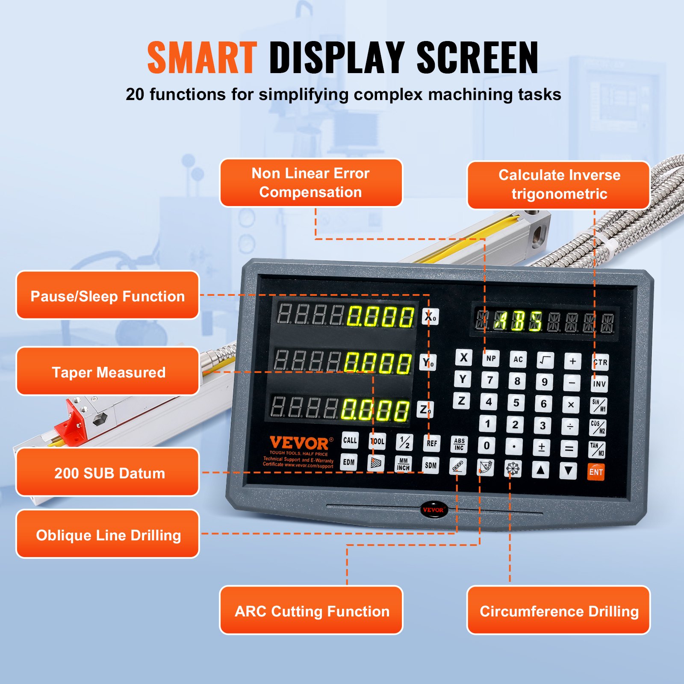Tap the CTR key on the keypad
click(600, 362)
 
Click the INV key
click(599, 383)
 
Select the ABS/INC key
click(459, 444)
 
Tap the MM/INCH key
click(403, 464)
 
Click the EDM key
click(349, 462)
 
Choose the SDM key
click(430, 465)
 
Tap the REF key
click(432, 443)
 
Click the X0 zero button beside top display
click(430, 317)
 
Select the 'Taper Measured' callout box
click(108, 371)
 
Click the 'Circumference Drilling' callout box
click(559, 610)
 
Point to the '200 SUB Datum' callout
click(108, 472)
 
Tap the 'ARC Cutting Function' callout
click(311, 610)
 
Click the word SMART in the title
click(202, 58)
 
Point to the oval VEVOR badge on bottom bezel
click(433, 510)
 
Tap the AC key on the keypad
click(518, 360)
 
